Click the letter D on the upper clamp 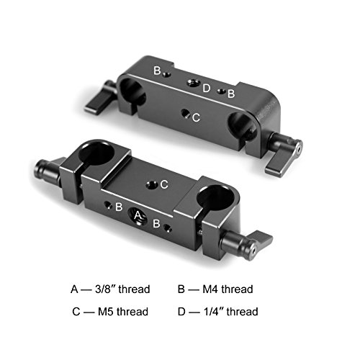tap(206, 89)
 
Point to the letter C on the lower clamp tap(163, 184)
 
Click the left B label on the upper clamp tap(156, 70)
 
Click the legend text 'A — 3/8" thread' tap(110, 289)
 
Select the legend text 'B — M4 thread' tap(217, 289)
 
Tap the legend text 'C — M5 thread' tap(110, 312)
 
